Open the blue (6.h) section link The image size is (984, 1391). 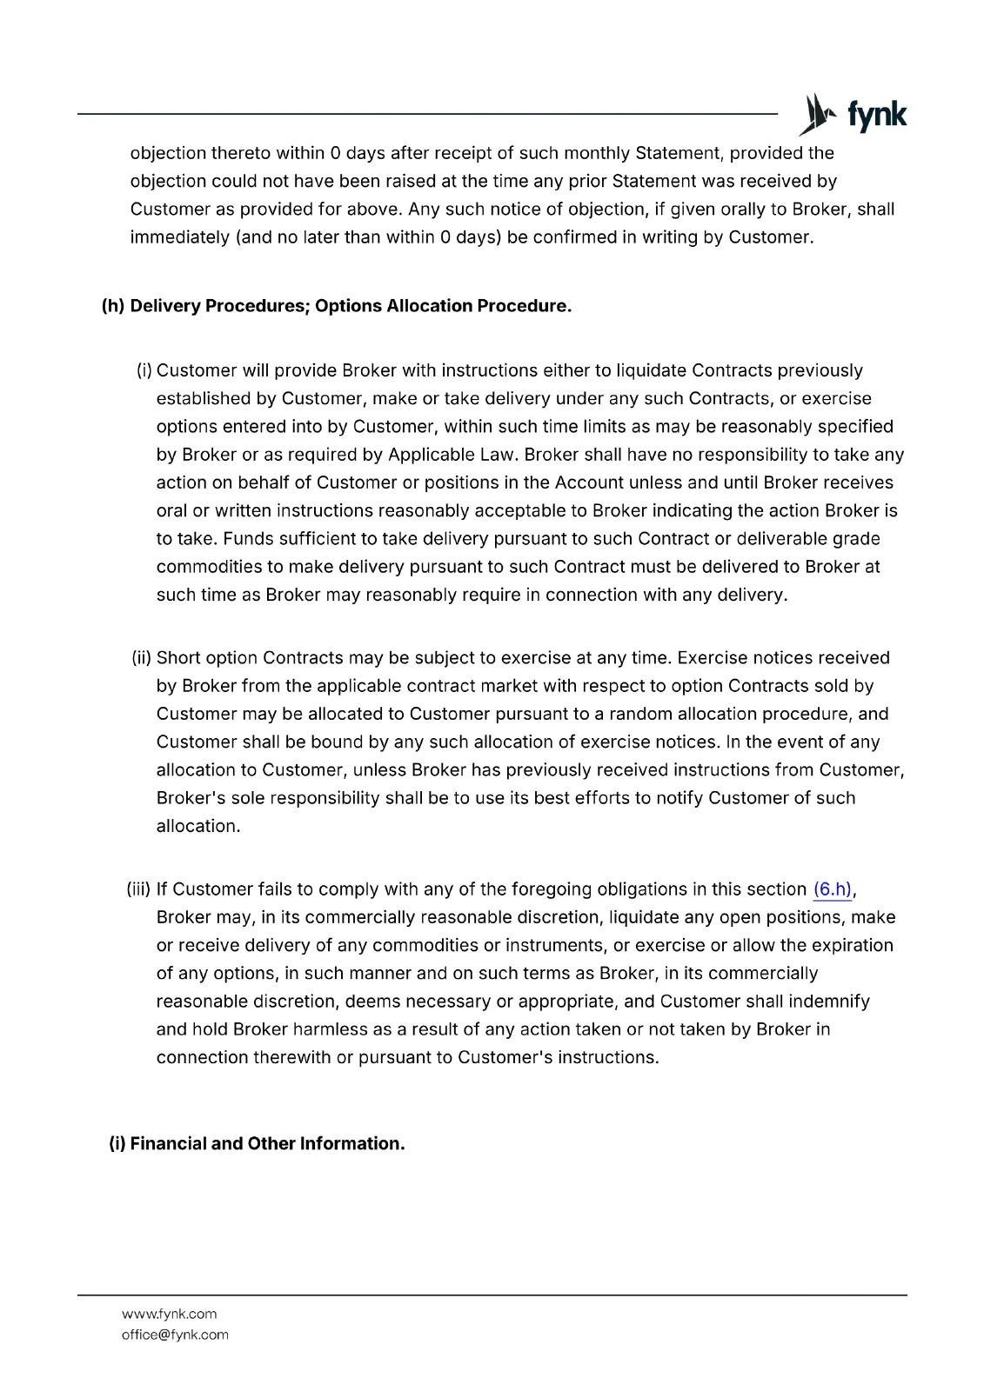(833, 889)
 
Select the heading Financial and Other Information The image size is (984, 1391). (257, 1144)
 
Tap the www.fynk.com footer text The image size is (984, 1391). (169, 1314)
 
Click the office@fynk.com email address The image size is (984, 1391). (175, 1334)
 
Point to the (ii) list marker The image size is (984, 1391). (142, 658)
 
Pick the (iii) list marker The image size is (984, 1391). (139, 889)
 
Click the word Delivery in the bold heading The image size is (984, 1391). (164, 307)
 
